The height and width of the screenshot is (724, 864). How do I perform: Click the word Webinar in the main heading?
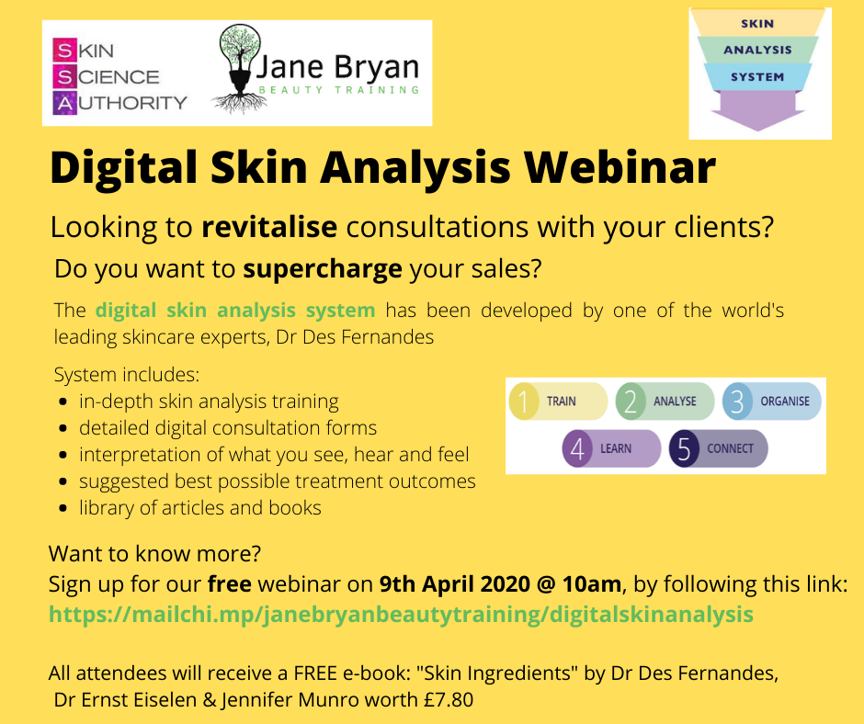[x=620, y=167]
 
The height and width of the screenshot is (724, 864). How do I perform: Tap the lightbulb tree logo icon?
[x=239, y=70]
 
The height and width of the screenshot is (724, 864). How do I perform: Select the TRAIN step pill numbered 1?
[x=558, y=402]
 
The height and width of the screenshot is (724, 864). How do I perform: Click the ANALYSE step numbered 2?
[x=665, y=402]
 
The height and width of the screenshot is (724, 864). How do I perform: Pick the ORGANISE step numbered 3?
[x=771, y=402]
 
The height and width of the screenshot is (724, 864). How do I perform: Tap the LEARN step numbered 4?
[x=611, y=448]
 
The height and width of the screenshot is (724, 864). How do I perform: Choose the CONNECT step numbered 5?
[x=718, y=448]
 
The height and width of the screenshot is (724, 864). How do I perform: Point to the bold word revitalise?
[x=269, y=227]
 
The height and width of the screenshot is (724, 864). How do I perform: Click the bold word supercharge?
[x=323, y=269]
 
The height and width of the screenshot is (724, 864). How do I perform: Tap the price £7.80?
[x=449, y=700]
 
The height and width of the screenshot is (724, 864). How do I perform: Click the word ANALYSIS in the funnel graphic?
[x=757, y=51]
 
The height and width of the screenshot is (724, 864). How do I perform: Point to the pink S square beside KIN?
[x=65, y=51]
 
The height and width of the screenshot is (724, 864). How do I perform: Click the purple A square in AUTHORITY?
[x=65, y=103]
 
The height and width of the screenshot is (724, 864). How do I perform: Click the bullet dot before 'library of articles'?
[x=63, y=509]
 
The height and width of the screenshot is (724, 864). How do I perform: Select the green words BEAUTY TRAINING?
[x=339, y=90]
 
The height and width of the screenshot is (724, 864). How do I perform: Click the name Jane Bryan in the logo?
[x=336, y=67]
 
